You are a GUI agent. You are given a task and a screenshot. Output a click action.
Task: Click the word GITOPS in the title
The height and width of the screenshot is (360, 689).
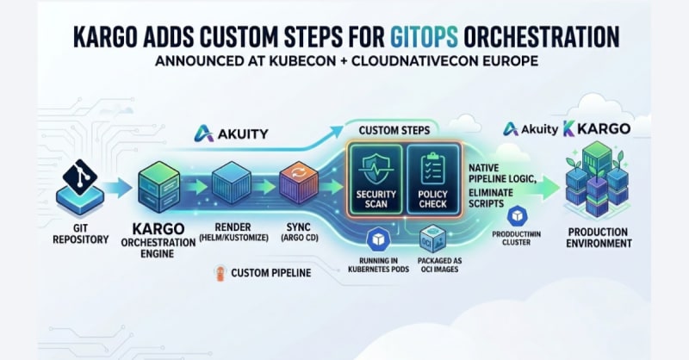tap(424, 36)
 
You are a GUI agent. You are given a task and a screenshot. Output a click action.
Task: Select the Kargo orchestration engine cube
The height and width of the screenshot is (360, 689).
tap(158, 187)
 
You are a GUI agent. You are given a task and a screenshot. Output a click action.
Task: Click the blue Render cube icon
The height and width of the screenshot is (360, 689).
tap(232, 183)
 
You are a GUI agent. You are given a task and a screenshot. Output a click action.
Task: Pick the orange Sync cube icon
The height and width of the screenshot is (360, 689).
tap(299, 183)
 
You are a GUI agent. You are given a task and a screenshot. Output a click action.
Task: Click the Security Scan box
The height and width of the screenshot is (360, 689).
tap(376, 179)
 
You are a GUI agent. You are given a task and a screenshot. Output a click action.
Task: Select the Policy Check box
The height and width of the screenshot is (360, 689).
tap(433, 179)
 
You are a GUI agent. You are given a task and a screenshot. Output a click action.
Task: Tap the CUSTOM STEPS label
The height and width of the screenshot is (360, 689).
tap(394, 130)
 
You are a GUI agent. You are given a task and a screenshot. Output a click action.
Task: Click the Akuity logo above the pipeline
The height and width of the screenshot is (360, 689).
tap(231, 133)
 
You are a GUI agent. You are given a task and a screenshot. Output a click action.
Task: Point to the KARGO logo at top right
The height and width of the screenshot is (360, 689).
tap(597, 129)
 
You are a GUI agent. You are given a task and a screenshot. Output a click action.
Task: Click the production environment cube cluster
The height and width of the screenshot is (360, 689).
tap(597, 180)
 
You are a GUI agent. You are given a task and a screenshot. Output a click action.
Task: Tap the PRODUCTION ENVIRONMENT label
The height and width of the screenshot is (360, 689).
tap(599, 238)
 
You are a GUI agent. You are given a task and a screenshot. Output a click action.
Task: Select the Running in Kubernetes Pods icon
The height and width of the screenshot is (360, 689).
tap(378, 239)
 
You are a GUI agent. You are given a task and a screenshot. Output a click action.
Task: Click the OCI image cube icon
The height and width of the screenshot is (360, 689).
tap(432, 239)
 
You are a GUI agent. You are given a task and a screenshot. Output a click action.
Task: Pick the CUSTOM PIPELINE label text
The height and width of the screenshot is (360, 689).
tap(271, 273)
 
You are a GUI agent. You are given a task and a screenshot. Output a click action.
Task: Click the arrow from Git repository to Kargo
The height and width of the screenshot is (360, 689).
tap(119, 188)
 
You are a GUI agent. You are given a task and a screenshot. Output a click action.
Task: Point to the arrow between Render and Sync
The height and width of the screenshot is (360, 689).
tap(264, 187)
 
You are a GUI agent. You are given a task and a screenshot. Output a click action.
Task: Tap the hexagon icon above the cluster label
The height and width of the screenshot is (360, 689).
tap(518, 216)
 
